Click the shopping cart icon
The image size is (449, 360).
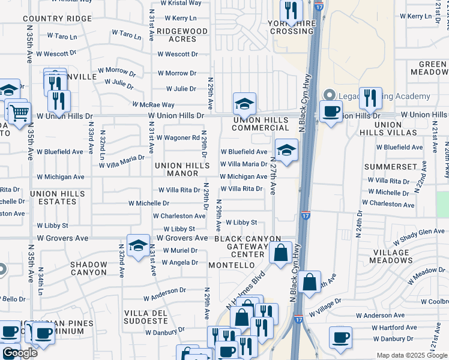[20, 112]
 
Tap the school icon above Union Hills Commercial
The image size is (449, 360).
[244, 104]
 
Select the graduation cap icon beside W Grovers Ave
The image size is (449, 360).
[138, 245]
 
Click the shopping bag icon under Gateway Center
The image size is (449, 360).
[280, 253]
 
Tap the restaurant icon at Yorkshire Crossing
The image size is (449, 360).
[291, 10]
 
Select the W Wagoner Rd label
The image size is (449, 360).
[178, 137]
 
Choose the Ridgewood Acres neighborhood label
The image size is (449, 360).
[178, 35]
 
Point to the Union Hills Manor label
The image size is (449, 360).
[176, 169]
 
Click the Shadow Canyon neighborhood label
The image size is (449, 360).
[88, 268]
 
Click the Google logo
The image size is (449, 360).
[20, 353]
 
